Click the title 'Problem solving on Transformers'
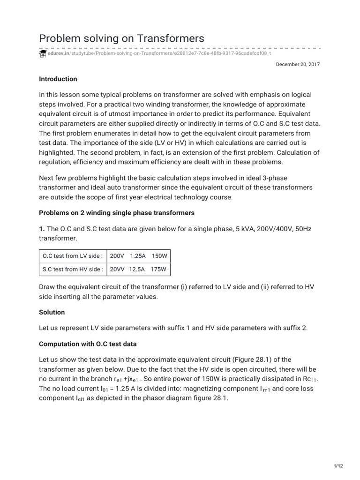coord(121,38)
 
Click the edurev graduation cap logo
coord(42,54)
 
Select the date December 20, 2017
coord(298,65)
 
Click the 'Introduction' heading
coord(58,79)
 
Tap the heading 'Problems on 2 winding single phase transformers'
coord(116,213)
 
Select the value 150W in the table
coord(160,256)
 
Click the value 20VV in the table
coord(118,269)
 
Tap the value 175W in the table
coord(160,269)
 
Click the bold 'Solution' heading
coord(52,312)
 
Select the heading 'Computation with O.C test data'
coord(88,344)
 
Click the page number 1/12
coord(338,465)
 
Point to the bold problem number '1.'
coord(42,229)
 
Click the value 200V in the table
coord(117,256)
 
